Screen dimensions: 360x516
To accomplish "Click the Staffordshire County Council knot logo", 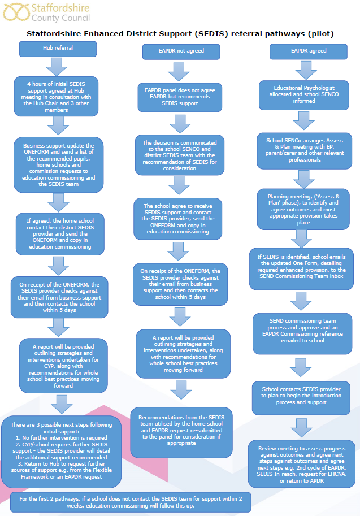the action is pyautogui.click(x=16, y=12).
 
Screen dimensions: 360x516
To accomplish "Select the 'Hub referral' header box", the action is pyautogui.click(x=58, y=49).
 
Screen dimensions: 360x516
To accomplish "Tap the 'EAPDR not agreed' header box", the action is pyautogui.click(x=181, y=51).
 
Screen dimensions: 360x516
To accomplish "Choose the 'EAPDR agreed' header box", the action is pyautogui.click(x=309, y=51).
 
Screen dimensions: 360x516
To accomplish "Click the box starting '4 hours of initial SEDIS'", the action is pyautogui.click(x=56, y=97).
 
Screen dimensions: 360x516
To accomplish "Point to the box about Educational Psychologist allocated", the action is pyautogui.click(x=303, y=95).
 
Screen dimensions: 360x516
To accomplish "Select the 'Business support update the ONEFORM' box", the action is pyautogui.click(x=59, y=165).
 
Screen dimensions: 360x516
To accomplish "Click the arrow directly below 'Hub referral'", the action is pyautogui.click(x=57, y=67).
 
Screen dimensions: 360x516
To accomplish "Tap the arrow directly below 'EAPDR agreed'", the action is pyautogui.click(x=306, y=70).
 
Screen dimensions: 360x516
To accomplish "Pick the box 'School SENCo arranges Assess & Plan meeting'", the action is pyautogui.click(x=305, y=151).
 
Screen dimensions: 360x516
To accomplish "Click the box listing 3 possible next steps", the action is pyautogui.click(x=61, y=452).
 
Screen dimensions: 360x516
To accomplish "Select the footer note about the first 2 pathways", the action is pyautogui.click(x=131, y=502).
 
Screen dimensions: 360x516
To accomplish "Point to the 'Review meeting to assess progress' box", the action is pyautogui.click(x=302, y=464).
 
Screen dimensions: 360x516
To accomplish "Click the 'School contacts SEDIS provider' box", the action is pyautogui.click(x=301, y=398).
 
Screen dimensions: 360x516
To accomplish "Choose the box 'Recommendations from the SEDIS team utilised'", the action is pyautogui.click(x=181, y=432).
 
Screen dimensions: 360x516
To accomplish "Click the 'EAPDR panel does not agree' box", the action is pyautogui.click(x=180, y=97).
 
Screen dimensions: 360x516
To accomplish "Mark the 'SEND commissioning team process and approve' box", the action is pyautogui.click(x=302, y=333).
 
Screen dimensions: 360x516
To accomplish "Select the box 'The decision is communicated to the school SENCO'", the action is pyautogui.click(x=180, y=155).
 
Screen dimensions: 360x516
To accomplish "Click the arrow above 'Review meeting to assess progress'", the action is pyautogui.click(x=302, y=428).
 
